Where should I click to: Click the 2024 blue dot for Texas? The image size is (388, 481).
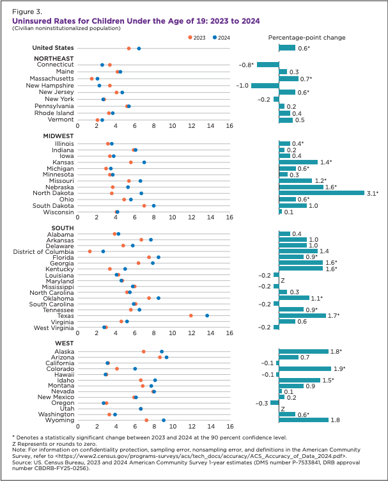(207, 315)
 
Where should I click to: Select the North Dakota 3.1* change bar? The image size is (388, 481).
(322, 193)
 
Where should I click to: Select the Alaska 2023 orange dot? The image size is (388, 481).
(144, 351)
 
